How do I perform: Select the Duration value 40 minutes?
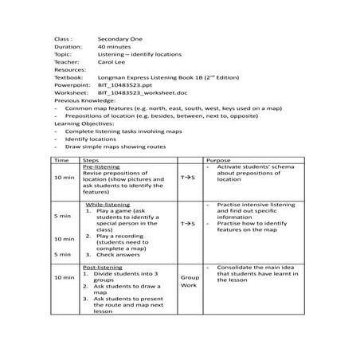click(x=115, y=46)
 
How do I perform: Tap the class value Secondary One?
click(x=119, y=38)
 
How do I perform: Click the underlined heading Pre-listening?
click(x=100, y=167)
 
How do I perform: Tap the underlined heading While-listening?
click(x=107, y=205)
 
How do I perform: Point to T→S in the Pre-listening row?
click(x=188, y=178)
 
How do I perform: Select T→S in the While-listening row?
click(x=188, y=224)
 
